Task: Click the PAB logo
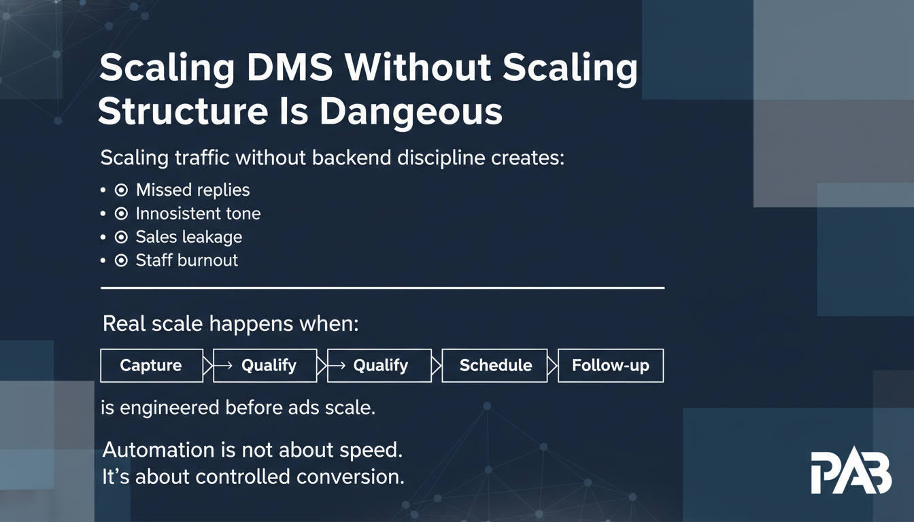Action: click(x=851, y=472)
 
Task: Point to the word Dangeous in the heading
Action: click(x=411, y=113)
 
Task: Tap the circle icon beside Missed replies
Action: click(x=121, y=190)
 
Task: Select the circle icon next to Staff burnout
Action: click(x=121, y=260)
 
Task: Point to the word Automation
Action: click(x=158, y=450)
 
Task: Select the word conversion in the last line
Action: click(x=350, y=476)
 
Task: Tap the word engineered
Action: click(x=169, y=408)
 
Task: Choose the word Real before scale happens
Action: click(x=124, y=324)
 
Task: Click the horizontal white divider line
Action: click(x=382, y=288)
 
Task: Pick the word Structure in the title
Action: click(x=183, y=111)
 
